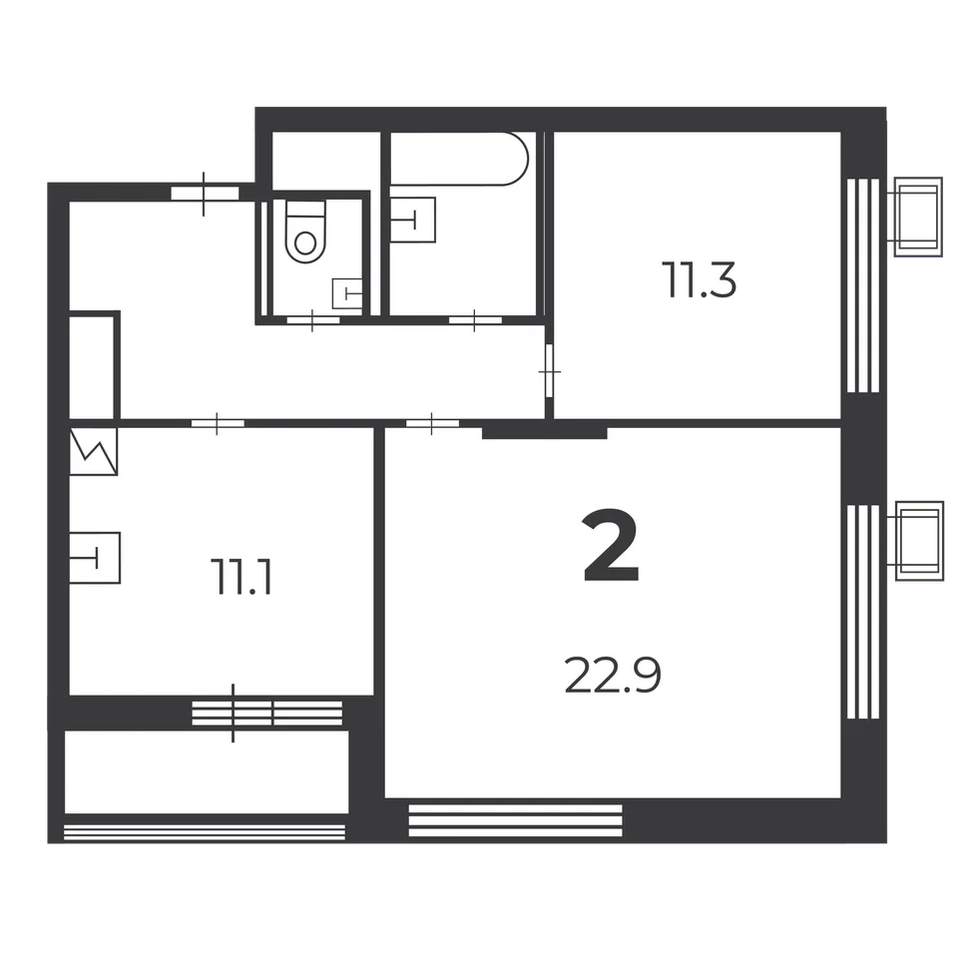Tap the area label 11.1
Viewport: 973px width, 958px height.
pyautogui.click(x=243, y=577)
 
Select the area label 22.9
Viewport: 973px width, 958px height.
pyautogui.click(x=613, y=676)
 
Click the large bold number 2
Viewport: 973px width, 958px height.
pyautogui.click(x=611, y=546)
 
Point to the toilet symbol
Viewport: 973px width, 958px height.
pyautogui.click(x=305, y=231)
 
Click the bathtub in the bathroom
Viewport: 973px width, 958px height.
pyautogui.click(x=459, y=159)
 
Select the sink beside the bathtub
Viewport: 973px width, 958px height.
pyautogui.click(x=413, y=220)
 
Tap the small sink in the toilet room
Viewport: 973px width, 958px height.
pyautogui.click(x=347, y=293)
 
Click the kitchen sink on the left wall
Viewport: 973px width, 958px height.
pyautogui.click(x=95, y=557)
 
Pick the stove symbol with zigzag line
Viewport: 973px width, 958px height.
pyautogui.click(x=93, y=452)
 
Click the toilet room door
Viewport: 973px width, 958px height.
pyautogui.click(x=312, y=320)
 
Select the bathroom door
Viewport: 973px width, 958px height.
pyautogui.click(x=475, y=320)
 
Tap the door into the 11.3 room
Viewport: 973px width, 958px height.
pyautogui.click(x=549, y=371)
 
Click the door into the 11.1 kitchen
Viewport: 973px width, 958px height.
pyautogui.click(x=218, y=424)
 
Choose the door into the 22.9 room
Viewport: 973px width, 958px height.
pyautogui.click(x=432, y=424)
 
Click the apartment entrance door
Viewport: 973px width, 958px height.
pyautogui.click(x=205, y=193)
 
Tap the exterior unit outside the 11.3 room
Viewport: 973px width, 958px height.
pyautogui.click(x=918, y=217)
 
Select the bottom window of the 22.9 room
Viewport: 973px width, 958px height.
pyautogui.click(x=515, y=820)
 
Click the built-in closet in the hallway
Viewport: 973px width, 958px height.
pyautogui.click(x=92, y=367)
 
